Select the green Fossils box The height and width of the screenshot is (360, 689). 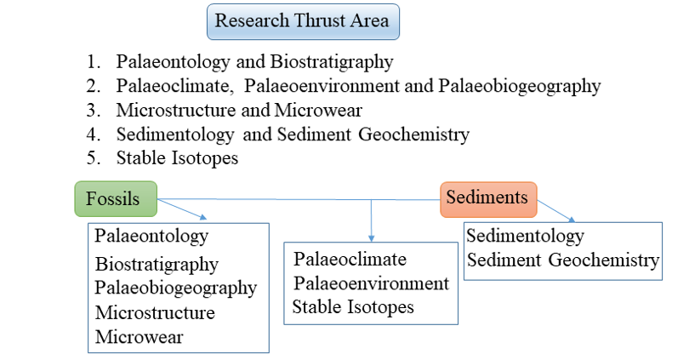116,198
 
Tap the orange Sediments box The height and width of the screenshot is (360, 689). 488,199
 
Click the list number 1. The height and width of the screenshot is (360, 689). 93,61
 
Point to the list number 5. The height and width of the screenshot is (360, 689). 93,157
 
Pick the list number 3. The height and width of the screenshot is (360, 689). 93,110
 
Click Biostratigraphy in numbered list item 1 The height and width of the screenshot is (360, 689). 332,62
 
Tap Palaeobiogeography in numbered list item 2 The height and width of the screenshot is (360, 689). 520,87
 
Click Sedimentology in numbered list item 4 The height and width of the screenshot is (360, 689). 175,135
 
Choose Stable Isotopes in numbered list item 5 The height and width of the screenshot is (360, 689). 177,158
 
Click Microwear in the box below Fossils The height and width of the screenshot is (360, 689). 139,337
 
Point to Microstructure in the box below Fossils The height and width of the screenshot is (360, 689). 155,313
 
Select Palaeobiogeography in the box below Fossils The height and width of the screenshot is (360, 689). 176,289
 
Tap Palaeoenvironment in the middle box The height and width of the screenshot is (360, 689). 372,283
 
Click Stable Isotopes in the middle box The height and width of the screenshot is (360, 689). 353,307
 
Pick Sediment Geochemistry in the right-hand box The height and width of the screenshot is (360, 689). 563,260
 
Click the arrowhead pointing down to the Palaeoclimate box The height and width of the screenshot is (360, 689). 372,238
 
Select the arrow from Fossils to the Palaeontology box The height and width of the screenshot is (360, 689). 182,209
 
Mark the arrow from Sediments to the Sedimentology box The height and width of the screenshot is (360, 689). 556,211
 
